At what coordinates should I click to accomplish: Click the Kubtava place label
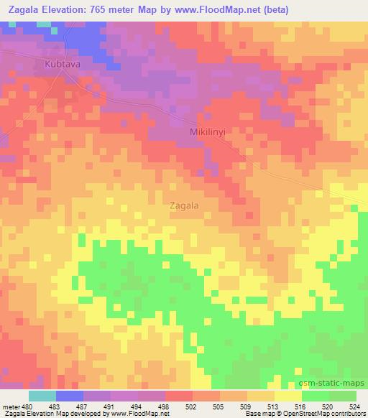(x=62, y=64)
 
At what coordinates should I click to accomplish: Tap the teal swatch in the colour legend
(x=42, y=395)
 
